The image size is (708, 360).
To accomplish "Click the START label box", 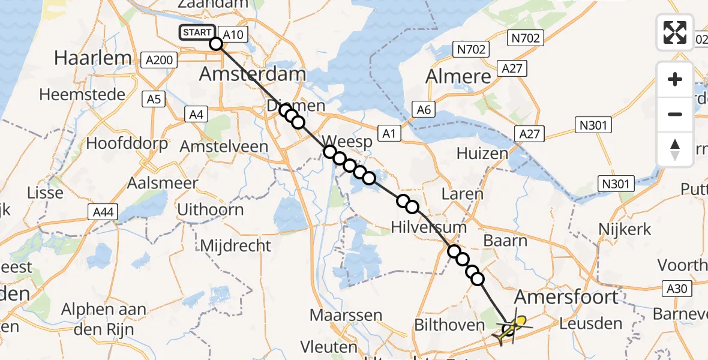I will [197, 32].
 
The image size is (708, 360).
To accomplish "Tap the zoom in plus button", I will [675, 79].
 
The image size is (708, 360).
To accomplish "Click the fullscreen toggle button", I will [675, 32].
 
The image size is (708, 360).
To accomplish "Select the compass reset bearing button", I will [675, 149].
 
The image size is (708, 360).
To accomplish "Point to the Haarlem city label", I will [93, 58].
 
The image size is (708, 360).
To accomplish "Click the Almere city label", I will [458, 76].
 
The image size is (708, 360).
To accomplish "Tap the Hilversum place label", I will [428, 227].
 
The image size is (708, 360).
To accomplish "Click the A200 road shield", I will [160, 59].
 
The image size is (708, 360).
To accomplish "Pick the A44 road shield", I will [102, 211].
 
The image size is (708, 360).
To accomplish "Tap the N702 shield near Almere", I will [470, 49].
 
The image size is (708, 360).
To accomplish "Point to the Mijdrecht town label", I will [235, 245].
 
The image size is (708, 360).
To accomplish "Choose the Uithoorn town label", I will [211, 209].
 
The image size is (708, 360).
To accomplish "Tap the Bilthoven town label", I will [449, 325].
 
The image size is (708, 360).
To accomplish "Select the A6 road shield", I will [424, 109].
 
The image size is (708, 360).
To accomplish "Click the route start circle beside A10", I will [215, 43].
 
